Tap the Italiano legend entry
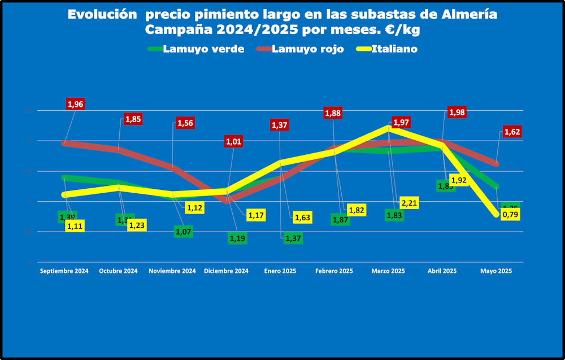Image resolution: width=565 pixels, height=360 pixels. pyautogui.click(x=395, y=49)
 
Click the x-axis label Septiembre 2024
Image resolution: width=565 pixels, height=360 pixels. pyautogui.click(x=64, y=271)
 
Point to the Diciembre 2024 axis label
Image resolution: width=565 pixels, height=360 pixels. pyautogui.click(x=226, y=271)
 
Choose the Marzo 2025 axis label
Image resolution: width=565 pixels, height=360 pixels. pyautogui.click(x=388, y=271)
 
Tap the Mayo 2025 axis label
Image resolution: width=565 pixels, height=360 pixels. pyautogui.click(x=496, y=271)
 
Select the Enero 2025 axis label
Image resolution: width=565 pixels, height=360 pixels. pyautogui.click(x=280, y=271)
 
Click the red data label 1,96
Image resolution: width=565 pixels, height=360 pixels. pyautogui.click(x=76, y=104)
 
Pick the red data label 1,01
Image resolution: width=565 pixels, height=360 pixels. pyautogui.click(x=234, y=141)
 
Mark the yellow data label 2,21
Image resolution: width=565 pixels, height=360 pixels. pyautogui.click(x=408, y=202)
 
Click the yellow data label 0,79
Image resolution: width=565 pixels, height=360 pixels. pyautogui.click(x=511, y=215)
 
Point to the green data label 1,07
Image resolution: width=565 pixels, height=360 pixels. pyautogui.click(x=184, y=231)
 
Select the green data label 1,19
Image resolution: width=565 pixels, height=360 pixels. pyautogui.click(x=237, y=238)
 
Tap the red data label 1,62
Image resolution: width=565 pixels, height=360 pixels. pyautogui.click(x=512, y=132)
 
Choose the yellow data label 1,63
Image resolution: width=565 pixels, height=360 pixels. pyautogui.click(x=302, y=217)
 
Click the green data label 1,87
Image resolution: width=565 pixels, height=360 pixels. pyautogui.click(x=340, y=220)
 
